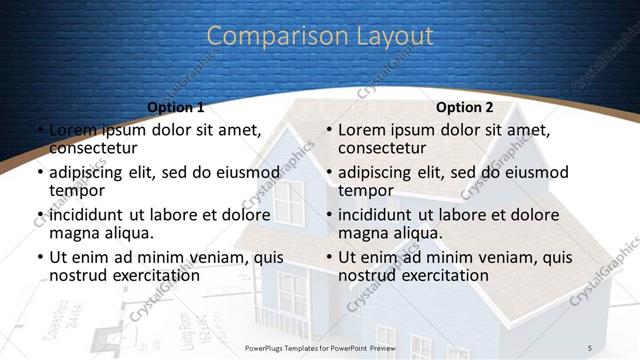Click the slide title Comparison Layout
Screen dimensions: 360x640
(x=320, y=36)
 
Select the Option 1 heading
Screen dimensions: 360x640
(x=175, y=107)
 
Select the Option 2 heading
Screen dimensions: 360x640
(x=464, y=107)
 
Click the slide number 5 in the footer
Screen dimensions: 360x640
(x=590, y=347)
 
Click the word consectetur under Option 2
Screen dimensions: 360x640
(x=382, y=149)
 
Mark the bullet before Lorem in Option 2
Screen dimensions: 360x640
(x=329, y=131)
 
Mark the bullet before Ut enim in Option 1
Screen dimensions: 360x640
(x=39, y=258)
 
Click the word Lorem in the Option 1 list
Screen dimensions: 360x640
(x=71, y=130)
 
